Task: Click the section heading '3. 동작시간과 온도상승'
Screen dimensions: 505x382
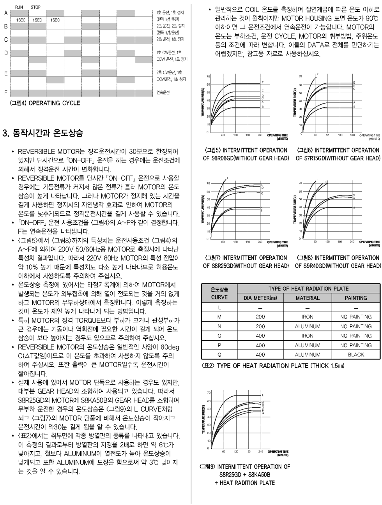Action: pos(43,133)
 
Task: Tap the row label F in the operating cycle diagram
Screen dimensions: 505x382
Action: pos(6,92)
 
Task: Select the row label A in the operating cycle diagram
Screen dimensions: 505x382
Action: pos(6,13)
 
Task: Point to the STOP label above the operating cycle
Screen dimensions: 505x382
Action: pos(35,7)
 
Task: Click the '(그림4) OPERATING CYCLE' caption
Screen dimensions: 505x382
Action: pos(45,103)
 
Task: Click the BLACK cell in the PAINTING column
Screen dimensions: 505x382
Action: pos(355,355)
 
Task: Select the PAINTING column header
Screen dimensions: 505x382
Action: pos(355,298)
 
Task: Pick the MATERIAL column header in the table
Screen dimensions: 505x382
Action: pos(308,298)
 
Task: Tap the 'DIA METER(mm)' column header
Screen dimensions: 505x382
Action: pos(260,298)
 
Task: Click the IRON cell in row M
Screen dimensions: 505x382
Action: pos(308,317)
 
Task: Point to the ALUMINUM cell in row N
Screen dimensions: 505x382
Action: pos(308,326)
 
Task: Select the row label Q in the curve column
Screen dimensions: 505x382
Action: pos(219,355)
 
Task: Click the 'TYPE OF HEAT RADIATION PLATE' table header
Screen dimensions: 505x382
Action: pos(308,289)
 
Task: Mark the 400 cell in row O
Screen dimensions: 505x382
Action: pos(260,336)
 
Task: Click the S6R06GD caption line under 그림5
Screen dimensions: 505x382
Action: pos(246,158)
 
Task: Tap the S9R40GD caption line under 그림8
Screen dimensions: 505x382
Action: pos(338,266)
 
